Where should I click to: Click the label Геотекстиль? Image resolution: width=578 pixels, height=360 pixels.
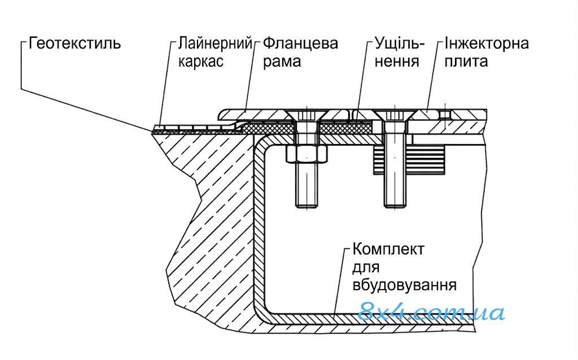[x=75, y=43]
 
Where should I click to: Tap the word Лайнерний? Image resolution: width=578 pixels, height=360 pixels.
[x=215, y=43]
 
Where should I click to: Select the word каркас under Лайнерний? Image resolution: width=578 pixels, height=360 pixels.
[x=201, y=61]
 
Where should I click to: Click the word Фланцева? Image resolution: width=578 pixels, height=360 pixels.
[x=300, y=43]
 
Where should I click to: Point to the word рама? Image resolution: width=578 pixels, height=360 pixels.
[x=282, y=62]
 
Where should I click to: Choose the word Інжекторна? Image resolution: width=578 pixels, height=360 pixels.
[x=487, y=43]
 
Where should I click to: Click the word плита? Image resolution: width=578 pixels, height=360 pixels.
[x=466, y=61]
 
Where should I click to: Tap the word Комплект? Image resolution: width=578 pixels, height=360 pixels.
[x=388, y=249]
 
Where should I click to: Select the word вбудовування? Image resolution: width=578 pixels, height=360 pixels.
[x=405, y=285]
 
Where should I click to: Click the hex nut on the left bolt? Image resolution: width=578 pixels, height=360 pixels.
[x=306, y=153]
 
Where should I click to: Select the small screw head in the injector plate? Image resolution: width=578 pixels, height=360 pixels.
[x=445, y=114]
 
